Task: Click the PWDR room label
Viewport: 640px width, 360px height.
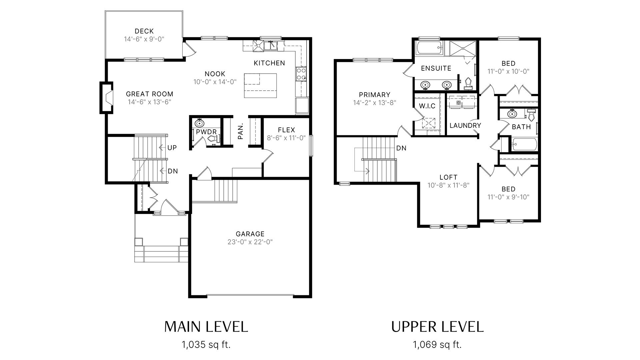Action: [206, 132]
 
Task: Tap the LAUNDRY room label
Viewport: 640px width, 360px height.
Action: [465, 126]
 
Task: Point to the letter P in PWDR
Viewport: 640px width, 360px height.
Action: [198, 132]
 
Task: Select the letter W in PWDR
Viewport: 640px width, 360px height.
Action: [203, 132]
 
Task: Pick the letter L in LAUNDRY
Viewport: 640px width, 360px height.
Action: [452, 126]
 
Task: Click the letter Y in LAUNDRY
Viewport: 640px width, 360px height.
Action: [479, 126]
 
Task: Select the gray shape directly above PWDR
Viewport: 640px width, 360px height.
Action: [210, 85]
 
